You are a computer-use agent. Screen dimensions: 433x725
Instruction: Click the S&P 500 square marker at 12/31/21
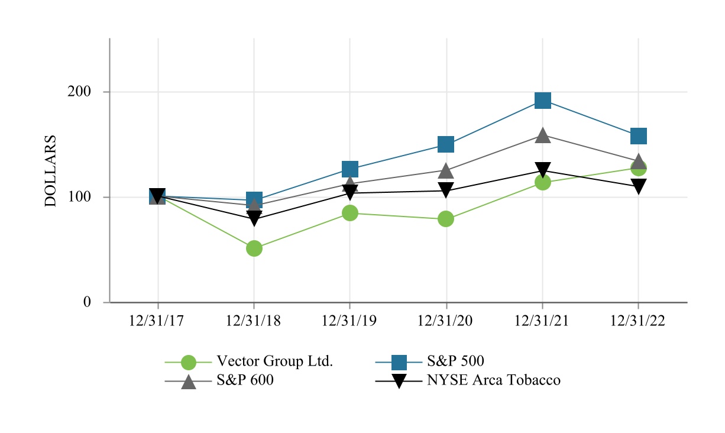pyautogui.click(x=543, y=101)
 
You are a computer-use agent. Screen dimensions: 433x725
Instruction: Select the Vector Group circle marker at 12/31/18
pyautogui.click(x=254, y=248)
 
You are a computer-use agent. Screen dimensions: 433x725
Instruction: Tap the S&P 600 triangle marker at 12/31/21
pyautogui.click(x=543, y=135)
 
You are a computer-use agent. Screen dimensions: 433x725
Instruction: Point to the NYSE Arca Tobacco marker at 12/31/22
pyautogui.click(x=639, y=186)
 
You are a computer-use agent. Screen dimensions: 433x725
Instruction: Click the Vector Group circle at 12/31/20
pyautogui.click(x=446, y=219)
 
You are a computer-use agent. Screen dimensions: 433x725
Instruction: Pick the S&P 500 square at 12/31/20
pyautogui.click(x=446, y=144)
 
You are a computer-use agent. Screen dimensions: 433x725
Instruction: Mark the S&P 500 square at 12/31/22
pyautogui.click(x=639, y=136)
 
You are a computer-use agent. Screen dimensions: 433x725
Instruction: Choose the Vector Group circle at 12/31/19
pyautogui.click(x=350, y=213)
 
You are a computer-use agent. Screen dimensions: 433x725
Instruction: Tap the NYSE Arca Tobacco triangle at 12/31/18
pyautogui.click(x=254, y=219)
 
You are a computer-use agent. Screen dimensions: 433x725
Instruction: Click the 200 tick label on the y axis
pyautogui.click(x=79, y=92)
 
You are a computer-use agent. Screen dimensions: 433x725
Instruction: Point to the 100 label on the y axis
pyautogui.click(x=79, y=197)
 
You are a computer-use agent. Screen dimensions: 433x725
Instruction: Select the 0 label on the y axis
pyautogui.click(x=87, y=302)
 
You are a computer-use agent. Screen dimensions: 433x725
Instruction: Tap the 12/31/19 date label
pyautogui.click(x=349, y=321)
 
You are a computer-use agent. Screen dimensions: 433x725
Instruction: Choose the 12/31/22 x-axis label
pyautogui.click(x=638, y=321)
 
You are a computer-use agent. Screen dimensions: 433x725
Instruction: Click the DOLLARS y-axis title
pyautogui.click(x=51, y=171)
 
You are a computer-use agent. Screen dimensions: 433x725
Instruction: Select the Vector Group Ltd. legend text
pyautogui.click(x=275, y=361)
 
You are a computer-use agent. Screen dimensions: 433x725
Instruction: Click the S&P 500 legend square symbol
pyautogui.click(x=399, y=361)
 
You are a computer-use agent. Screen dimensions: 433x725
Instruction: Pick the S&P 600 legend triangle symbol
pyautogui.click(x=188, y=381)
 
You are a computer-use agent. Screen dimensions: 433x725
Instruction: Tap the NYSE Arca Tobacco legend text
pyautogui.click(x=494, y=380)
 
